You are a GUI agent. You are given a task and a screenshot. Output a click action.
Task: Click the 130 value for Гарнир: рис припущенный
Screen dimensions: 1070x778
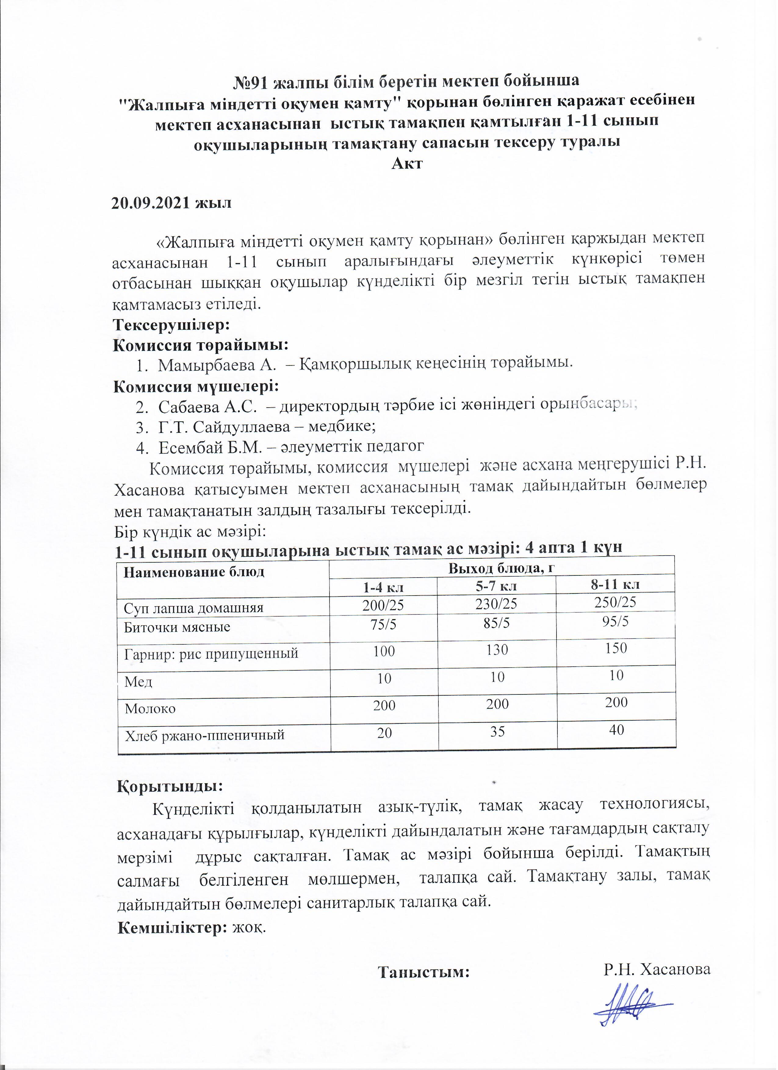click(498, 650)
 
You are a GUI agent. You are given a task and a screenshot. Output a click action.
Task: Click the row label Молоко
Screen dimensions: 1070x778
click(150, 709)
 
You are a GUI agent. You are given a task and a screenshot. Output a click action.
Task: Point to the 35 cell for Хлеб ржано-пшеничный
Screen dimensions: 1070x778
click(498, 731)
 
